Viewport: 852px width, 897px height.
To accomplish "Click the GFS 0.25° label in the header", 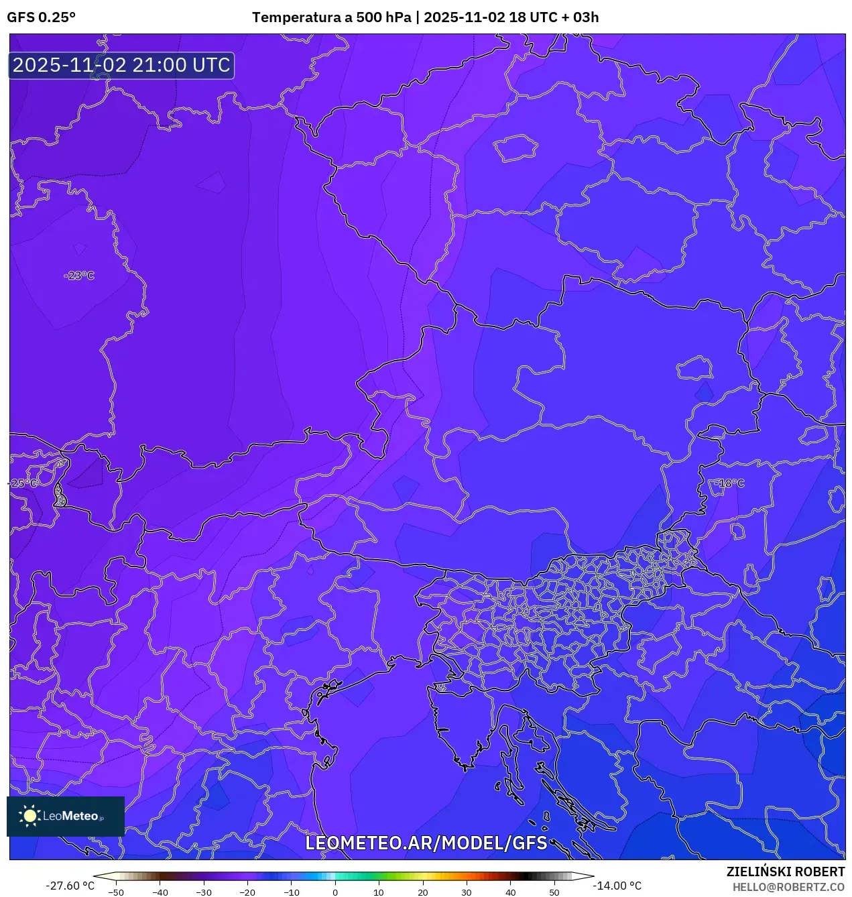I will [x=41, y=17].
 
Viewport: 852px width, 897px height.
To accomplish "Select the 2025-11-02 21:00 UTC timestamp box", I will [x=121, y=65].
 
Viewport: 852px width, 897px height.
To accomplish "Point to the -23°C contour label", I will [x=79, y=276].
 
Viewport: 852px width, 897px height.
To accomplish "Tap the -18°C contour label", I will [x=729, y=483].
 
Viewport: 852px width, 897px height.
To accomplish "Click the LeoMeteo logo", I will [x=65, y=816].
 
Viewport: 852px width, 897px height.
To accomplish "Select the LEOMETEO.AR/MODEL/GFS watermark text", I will [x=426, y=843].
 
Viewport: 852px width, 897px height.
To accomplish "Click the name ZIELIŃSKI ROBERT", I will [x=786, y=872].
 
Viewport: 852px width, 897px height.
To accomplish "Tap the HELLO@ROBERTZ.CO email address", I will [x=788, y=887].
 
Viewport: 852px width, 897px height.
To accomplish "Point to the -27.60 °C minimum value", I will [x=70, y=886].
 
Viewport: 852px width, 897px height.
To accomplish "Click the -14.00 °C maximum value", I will [x=617, y=886].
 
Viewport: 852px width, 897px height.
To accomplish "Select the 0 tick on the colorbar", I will [x=335, y=892].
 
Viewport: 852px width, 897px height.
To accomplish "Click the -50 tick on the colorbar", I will [x=116, y=892].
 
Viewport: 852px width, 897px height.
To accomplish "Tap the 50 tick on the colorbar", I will [x=554, y=892].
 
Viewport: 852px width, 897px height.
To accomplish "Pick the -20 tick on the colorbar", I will [x=247, y=892].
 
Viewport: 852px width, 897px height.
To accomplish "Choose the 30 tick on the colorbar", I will [x=467, y=892].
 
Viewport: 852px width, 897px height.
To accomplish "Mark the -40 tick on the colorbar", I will [x=160, y=892].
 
